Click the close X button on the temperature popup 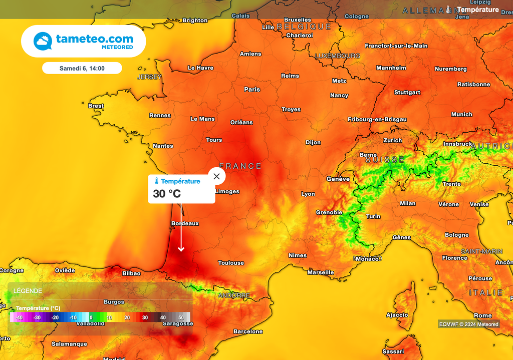click(x=216, y=176)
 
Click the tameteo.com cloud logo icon click(x=43, y=41)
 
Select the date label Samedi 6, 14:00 click(x=82, y=68)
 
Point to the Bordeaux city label click(x=185, y=223)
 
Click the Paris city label click(x=252, y=90)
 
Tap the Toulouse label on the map click(x=231, y=263)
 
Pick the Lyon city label click(x=308, y=194)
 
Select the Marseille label click(x=321, y=272)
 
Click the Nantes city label click(x=163, y=146)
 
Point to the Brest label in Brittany click(x=96, y=106)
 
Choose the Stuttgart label click(x=407, y=92)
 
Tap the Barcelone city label click(x=248, y=331)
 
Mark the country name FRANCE click(x=240, y=166)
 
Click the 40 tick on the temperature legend click(x=163, y=317)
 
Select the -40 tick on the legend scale click(x=19, y=317)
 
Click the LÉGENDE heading click(x=28, y=291)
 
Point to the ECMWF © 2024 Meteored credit click(x=469, y=324)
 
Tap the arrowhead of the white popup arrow click(x=181, y=249)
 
